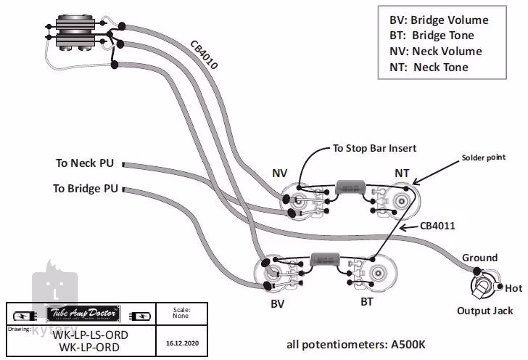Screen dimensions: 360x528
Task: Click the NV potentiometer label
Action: [280, 173]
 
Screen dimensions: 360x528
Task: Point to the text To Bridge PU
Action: [85, 188]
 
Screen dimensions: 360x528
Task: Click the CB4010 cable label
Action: [204, 54]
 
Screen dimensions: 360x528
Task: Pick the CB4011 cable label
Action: [438, 226]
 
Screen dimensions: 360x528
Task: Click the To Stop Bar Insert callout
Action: [374, 148]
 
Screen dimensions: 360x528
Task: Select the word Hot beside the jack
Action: [513, 288]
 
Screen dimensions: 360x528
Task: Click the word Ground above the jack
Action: [480, 258]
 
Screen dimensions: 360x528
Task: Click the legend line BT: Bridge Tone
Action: [431, 36]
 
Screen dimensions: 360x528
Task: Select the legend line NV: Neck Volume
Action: [435, 52]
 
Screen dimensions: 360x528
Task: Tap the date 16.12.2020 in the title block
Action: [182, 342]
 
